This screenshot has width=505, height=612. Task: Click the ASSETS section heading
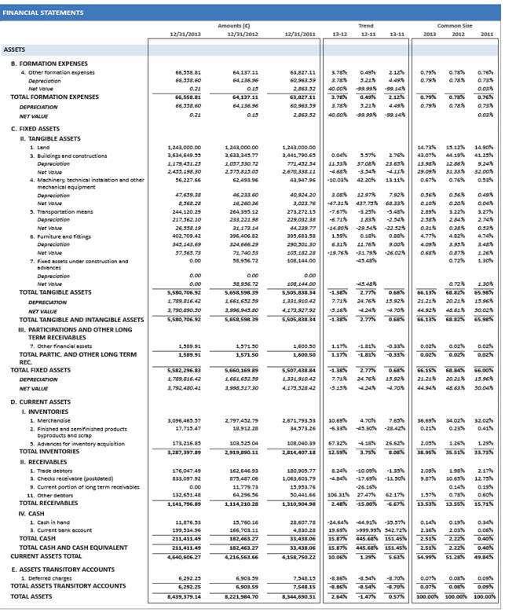coord(15,49)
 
